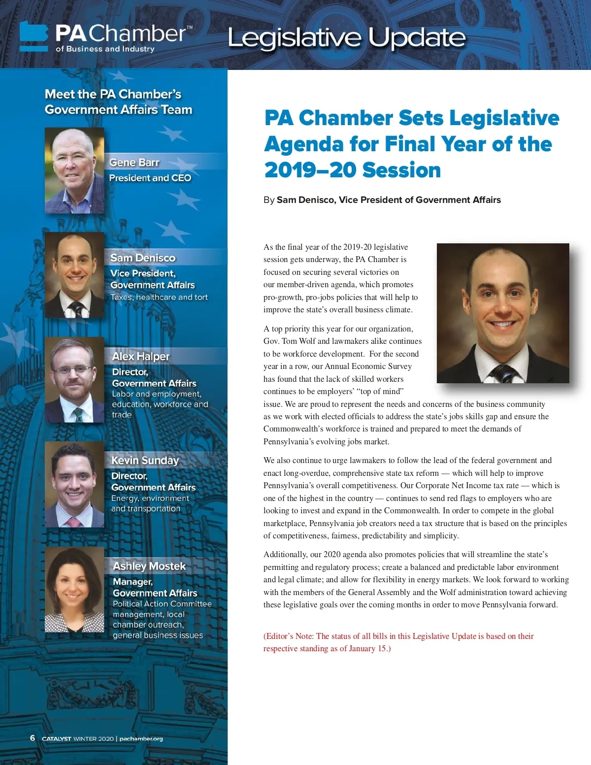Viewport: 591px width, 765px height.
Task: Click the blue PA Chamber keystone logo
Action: (33, 36)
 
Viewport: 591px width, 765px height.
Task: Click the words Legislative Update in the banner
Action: (346, 38)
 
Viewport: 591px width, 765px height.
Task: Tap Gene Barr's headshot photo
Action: (74, 170)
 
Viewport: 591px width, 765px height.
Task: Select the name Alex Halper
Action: (141, 356)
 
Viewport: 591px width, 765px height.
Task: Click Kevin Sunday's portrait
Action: (74, 485)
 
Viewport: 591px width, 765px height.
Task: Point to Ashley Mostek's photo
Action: (74, 590)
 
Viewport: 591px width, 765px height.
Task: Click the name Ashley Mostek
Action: (149, 566)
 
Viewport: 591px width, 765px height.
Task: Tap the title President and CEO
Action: (150, 178)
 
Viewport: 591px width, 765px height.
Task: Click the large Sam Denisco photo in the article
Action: (503, 313)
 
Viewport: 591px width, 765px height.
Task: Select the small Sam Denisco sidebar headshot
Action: (74, 275)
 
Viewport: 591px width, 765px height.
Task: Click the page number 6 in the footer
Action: (33, 738)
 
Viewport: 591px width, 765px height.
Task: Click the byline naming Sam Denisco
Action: (382, 200)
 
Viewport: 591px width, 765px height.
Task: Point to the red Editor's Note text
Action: (398, 642)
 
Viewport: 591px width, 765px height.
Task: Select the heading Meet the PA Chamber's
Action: (113, 94)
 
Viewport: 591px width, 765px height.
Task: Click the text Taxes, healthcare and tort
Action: (159, 297)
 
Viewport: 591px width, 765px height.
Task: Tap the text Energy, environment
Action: (150, 498)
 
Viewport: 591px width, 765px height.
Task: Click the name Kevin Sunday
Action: (145, 460)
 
